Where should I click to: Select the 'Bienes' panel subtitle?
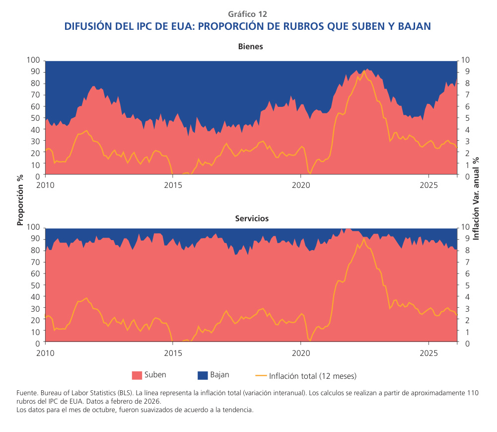(250, 46)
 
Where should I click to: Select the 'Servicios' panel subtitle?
(251, 218)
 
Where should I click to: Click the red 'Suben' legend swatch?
(137, 375)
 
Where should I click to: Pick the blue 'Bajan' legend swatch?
(202, 375)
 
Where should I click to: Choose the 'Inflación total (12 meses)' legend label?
(313, 376)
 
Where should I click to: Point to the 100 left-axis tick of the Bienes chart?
(33, 60)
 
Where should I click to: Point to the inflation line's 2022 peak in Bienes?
(364, 71)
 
